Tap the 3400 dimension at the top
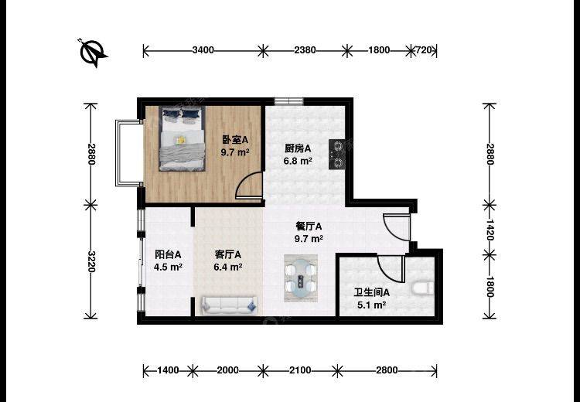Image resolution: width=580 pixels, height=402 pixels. (203, 50)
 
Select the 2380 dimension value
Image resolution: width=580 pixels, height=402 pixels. (305, 50)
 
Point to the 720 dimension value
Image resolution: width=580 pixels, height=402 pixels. (424, 50)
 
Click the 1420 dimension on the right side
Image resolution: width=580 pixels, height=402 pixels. (490, 230)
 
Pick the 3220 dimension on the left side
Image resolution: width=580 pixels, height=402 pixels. (91, 261)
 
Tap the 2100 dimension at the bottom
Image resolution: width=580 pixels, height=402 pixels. (300, 370)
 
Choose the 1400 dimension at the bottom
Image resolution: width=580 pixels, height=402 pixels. (168, 370)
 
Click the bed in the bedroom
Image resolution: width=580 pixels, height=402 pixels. (182, 138)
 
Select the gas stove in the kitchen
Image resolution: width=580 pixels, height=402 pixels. (337, 154)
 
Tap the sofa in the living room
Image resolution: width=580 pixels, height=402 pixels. (229, 305)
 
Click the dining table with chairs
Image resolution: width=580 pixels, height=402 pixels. (300, 278)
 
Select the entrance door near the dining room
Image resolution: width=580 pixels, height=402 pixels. (397, 227)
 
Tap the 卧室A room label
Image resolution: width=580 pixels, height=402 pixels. (234, 140)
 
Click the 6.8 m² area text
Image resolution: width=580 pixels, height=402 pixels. (298, 162)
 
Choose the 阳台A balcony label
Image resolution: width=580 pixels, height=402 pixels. (168, 254)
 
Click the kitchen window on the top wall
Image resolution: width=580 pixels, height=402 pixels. (288, 101)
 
